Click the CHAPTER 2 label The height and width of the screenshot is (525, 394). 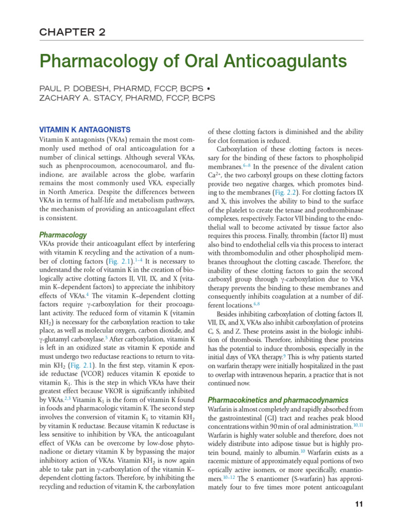tap(72, 32)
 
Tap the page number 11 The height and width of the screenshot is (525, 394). tap(359, 504)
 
